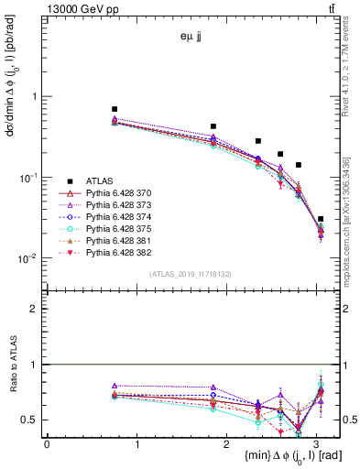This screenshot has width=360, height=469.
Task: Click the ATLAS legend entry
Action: [98, 181]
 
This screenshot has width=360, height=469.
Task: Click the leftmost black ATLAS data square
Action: [115, 109]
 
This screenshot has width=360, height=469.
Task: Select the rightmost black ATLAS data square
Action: [320, 219]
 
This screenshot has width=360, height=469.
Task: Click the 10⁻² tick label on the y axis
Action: [28, 258]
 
